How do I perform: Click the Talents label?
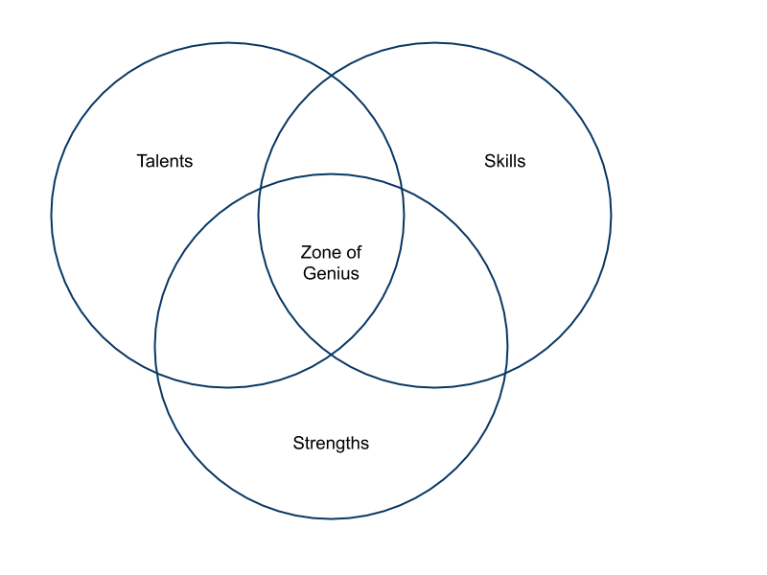point(165,161)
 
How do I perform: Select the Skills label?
point(504,161)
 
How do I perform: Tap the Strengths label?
point(331,443)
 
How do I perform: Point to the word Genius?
point(331,273)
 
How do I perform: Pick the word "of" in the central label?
point(353,253)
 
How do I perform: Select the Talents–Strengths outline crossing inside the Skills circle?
point(403,190)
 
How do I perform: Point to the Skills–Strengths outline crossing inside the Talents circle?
point(259,190)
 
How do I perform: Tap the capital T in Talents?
point(141,161)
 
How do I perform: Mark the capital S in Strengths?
point(298,443)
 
